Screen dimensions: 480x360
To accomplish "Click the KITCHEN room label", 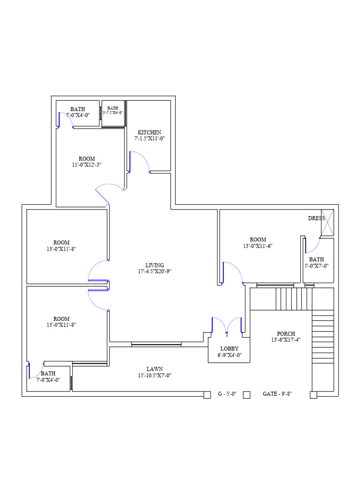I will (x=150, y=132).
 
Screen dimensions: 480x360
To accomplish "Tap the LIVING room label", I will (x=155, y=265).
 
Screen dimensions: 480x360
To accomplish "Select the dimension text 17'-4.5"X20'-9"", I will (x=155, y=271).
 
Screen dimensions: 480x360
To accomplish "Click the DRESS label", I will (x=316, y=218).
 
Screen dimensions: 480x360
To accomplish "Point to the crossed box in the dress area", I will (x=327, y=222).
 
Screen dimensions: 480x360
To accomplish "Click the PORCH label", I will (x=285, y=334).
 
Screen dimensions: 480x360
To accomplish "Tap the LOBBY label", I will (x=230, y=349).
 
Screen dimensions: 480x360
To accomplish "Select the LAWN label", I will (x=155, y=369).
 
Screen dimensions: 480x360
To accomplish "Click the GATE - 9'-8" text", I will (x=277, y=395).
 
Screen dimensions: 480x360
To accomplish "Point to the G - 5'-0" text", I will (x=227, y=395).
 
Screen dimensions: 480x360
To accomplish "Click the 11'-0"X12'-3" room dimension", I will (x=87, y=165).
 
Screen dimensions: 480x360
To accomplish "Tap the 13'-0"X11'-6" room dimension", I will (x=258, y=246).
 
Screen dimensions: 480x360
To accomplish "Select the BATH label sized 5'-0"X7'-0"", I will (x=316, y=259).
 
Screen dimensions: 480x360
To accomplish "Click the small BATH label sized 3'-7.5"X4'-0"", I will (x=113, y=108).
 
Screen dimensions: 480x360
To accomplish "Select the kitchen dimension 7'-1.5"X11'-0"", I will (x=150, y=138).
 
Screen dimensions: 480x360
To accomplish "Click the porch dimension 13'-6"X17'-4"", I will (x=285, y=340).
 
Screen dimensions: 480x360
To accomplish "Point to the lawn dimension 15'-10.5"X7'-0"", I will (x=155, y=375).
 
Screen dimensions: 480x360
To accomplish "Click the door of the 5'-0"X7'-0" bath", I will (x=312, y=244).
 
